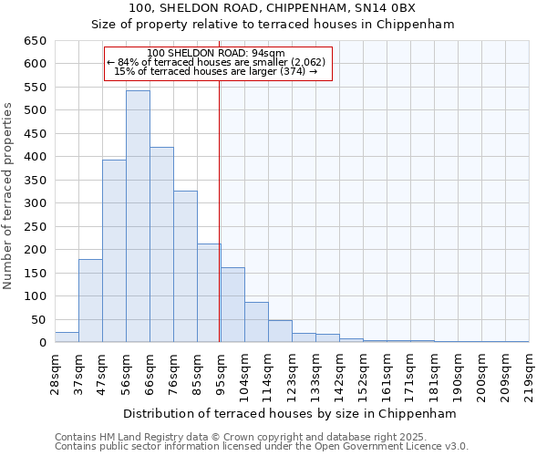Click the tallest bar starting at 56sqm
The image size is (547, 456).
[138, 216]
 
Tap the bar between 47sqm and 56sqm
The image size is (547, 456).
[114, 251]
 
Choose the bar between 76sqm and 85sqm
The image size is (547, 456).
[185, 266]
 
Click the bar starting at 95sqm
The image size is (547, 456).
[232, 305]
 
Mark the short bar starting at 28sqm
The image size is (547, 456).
[67, 337]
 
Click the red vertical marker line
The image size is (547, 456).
[220, 228]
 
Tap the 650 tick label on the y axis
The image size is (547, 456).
[35, 41]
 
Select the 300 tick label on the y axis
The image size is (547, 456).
[35, 203]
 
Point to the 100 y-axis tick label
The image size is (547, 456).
[35, 296]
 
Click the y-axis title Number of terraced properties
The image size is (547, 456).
[8, 196]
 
